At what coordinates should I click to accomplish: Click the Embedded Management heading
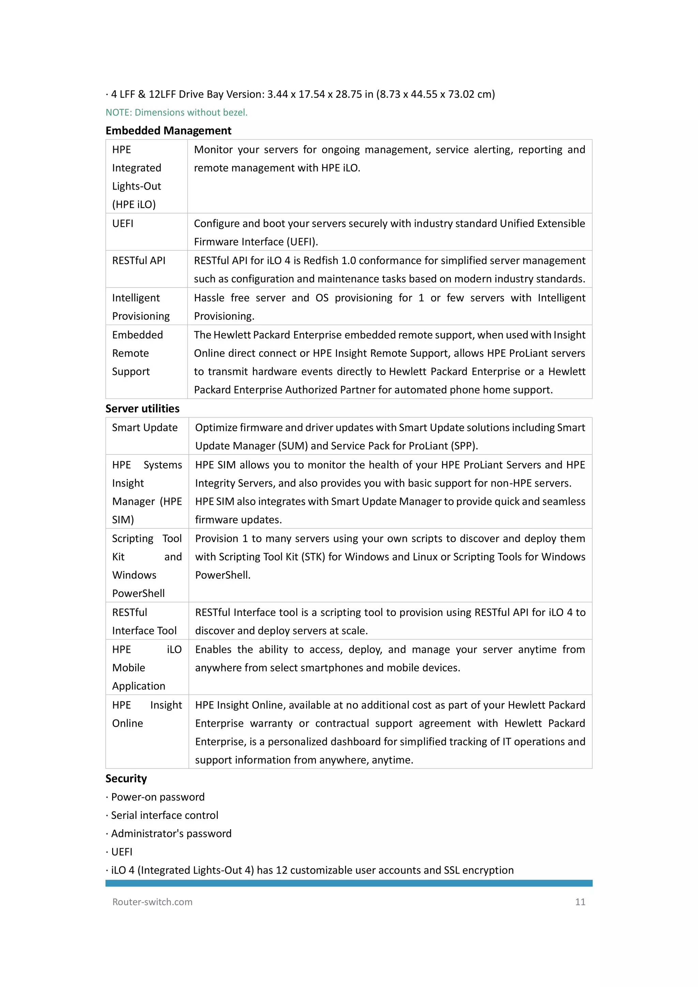pyautogui.click(x=168, y=131)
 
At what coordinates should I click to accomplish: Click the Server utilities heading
pyautogui.click(x=142, y=408)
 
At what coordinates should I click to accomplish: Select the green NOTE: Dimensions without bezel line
pyautogui.click(x=177, y=113)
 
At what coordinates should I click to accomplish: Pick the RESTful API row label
pyautogui.click(x=138, y=260)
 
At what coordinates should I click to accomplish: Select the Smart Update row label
pyautogui.click(x=145, y=428)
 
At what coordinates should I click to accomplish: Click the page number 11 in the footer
pyautogui.click(x=580, y=902)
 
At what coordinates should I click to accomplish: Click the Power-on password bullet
pyautogui.click(x=157, y=797)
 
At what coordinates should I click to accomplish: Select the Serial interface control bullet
pyautogui.click(x=164, y=816)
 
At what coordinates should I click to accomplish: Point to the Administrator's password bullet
pyautogui.click(x=171, y=834)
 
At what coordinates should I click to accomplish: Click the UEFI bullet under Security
pyautogui.click(x=122, y=852)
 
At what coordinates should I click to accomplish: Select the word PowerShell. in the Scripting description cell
pyautogui.click(x=223, y=575)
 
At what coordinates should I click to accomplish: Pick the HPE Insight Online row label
pyautogui.click(x=147, y=714)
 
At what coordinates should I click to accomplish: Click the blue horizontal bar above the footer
pyautogui.click(x=349, y=883)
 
